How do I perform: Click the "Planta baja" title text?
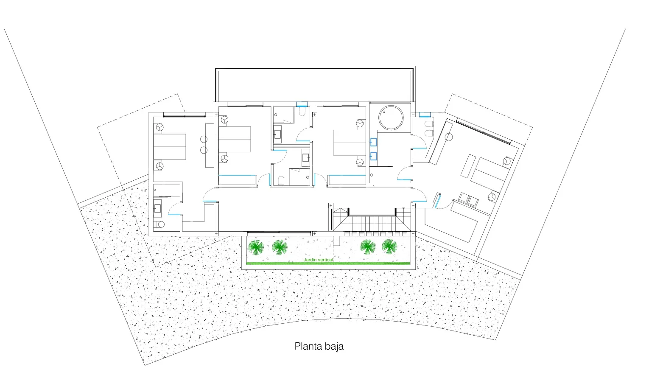coord(319,346)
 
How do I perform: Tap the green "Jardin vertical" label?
coord(318,260)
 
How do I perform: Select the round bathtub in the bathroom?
coord(391,118)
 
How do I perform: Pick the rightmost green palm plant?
coord(389,247)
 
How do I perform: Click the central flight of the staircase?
coord(372,223)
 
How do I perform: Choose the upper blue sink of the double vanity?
coord(373,142)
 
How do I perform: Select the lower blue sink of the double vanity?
coord(373,156)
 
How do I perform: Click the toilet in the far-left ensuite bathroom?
coord(159,224)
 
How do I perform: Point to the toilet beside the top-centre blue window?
coord(302,112)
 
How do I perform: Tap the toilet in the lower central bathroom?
coord(281,180)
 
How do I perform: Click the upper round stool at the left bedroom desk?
coord(204,139)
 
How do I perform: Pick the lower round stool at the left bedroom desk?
coord(204,150)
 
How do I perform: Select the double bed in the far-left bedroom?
coord(170,147)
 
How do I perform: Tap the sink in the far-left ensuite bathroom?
coord(157,208)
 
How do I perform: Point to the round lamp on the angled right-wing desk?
coord(448,137)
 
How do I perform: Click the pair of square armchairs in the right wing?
coord(468,200)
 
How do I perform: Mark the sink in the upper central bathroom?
coord(277,134)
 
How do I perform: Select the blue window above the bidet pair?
coord(425,115)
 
